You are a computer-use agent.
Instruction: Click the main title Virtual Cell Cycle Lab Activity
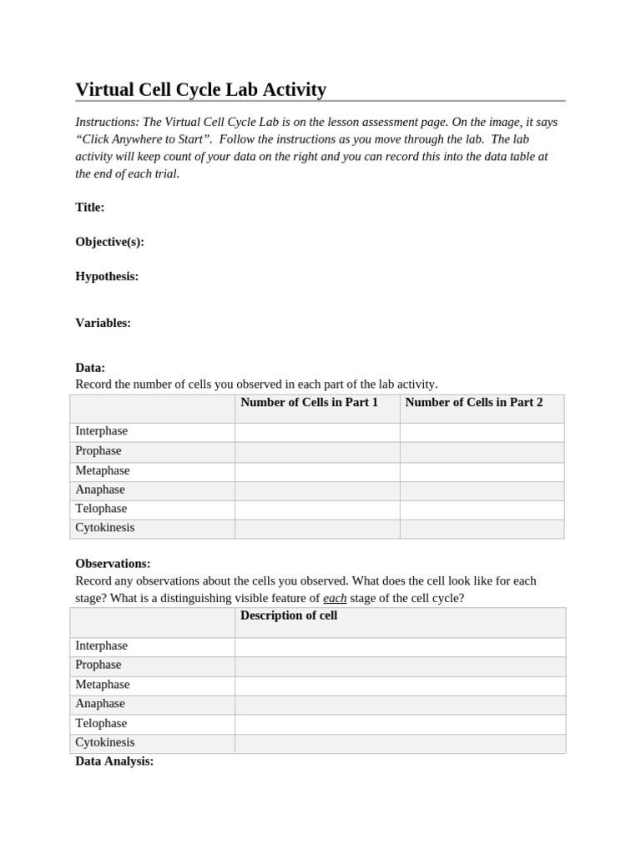pos(200,89)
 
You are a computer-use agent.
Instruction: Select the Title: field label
pos(90,208)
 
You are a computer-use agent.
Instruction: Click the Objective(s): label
pos(109,242)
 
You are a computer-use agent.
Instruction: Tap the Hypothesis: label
pos(107,276)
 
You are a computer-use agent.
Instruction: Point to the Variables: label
pos(103,323)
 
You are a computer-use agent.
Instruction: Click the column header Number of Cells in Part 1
pos(309,403)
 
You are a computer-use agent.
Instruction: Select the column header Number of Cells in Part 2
pos(473,403)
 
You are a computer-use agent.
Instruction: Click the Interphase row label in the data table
pos(101,431)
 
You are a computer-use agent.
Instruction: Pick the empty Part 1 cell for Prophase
pos(316,451)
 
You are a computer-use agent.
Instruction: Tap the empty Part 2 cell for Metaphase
pos(482,471)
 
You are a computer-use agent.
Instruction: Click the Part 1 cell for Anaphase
pos(316,490)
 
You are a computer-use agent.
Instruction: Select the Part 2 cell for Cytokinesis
pos(482,529)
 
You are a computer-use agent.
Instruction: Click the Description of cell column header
pos(288,616)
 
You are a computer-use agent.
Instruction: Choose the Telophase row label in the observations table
pos(101,724)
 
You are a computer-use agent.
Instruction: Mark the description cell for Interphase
pos(400,646)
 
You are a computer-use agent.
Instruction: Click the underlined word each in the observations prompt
pos(335,598)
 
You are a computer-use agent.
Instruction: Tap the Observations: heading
pos(113,564)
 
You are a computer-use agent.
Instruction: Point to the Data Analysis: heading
pos(114,761)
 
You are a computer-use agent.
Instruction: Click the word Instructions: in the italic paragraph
pos(107,122)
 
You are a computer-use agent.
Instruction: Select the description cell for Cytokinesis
pos(400,743)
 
